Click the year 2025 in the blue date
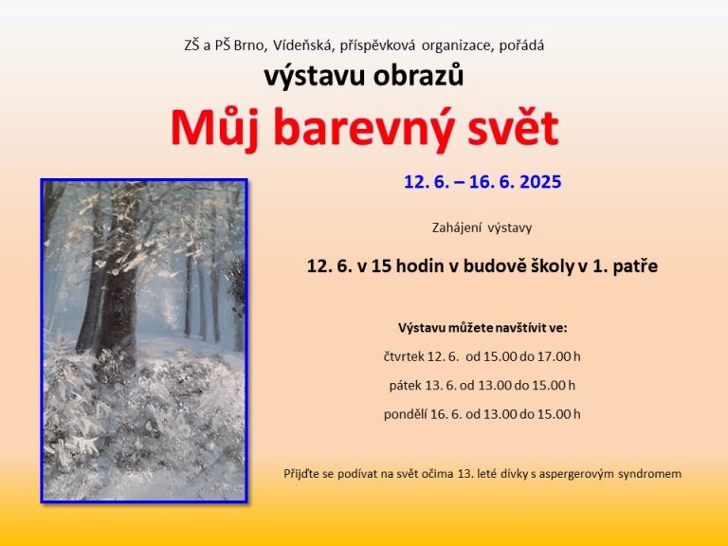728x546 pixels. [x=540, y=182]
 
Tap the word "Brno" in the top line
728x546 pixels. [x=250, y=45]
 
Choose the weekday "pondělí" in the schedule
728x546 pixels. [x=406, y=414]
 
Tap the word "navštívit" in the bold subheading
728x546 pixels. [x=521, y=328]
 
